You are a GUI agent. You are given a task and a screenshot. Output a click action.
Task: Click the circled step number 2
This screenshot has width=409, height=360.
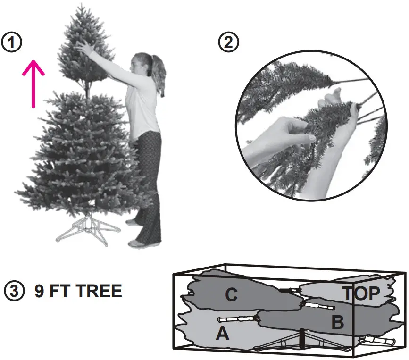(x=228, y=42)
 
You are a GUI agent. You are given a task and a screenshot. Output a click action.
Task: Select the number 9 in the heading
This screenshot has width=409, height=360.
(x=39, y=291)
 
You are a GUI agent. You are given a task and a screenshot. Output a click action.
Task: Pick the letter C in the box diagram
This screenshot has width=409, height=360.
(x=231, y=295)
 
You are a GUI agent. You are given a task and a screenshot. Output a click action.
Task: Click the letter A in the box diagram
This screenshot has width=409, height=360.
(x=222, y=333)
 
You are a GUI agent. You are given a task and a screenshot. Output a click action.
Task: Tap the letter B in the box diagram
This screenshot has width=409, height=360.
(x=337, y=323)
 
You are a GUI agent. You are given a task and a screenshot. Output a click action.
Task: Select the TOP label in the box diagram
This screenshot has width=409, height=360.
(x=361, y=293)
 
